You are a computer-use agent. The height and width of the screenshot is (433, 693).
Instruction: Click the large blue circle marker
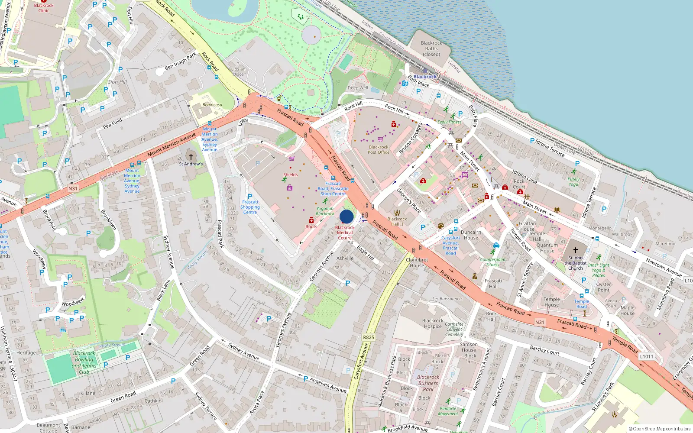point(346,216)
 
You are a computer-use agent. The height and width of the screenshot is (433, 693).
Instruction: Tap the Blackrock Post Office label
point(379,150)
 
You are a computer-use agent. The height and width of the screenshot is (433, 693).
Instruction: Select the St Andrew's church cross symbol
point(191,156)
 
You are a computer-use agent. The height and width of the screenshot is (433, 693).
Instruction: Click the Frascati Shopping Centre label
point(250,207)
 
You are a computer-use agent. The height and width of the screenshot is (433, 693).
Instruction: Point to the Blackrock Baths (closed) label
point(431,48)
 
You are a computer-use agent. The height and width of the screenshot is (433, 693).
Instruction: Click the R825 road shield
point(368,337)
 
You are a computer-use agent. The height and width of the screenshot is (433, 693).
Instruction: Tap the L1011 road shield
point(646,356)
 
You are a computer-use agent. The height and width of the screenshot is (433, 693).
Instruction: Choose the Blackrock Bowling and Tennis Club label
point(84,362)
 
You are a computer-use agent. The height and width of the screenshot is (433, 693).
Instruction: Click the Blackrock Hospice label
point(433,323)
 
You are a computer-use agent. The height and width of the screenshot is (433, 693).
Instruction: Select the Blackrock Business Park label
point(428,383)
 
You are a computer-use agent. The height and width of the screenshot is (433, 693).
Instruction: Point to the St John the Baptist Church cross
point(576,250)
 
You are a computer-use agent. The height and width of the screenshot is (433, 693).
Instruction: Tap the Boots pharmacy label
point(311,226)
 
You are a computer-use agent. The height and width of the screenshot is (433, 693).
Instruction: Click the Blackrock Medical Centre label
point(345,233)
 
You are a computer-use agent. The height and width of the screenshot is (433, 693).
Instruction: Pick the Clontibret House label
point(417,263)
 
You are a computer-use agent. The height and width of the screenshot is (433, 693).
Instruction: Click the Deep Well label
point(358,88)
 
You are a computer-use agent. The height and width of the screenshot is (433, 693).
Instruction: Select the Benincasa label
point(212,105)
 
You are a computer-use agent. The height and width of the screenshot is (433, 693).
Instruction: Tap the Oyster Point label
point(603,287)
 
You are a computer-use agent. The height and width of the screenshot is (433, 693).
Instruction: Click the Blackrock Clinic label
point(44,8)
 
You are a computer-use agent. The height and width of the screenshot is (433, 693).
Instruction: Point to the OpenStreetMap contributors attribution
point(659,429)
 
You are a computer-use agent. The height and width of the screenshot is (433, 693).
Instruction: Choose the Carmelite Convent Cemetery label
point(454,329)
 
